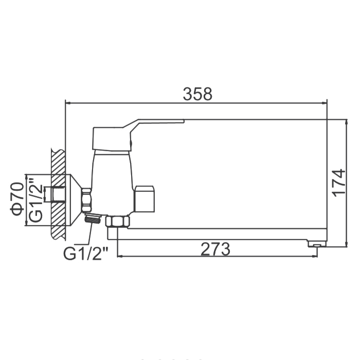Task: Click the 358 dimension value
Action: coord(197,94)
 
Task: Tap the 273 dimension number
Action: coord(215,249)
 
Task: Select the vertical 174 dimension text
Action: coord(338,183)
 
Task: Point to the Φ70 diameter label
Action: coord(17,199)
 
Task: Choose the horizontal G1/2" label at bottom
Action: coord(86,253)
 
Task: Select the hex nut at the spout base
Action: coord(118,222)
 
